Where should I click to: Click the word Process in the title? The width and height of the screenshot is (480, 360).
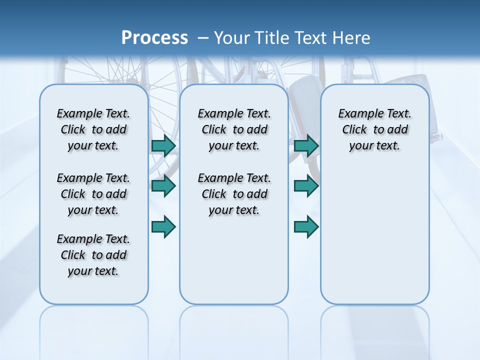coord(154,38)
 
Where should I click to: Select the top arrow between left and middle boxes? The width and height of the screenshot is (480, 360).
coord(163,145)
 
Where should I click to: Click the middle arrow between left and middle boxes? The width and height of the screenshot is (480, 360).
coord(163,186)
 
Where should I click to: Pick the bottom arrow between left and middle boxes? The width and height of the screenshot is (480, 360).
coord(163,227)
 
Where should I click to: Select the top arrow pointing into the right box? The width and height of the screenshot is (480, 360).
coord(306,145)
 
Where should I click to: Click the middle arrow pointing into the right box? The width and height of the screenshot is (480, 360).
coord(306,186)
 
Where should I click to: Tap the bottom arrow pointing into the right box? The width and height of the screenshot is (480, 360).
coord(306,227)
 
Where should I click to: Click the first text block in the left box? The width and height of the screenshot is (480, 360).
coord(93,129)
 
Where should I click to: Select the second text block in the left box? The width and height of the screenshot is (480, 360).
coord(93,194)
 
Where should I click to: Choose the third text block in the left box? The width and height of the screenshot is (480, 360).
coord(93,255)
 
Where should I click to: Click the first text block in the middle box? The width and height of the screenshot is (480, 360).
coord(234,129)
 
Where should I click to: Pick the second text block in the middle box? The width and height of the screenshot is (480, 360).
coord(234,194)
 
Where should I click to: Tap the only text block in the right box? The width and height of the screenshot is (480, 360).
coord(374,129)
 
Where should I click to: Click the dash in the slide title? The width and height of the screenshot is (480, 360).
coord(203,38)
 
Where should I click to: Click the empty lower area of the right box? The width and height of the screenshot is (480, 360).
coord(374,240)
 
